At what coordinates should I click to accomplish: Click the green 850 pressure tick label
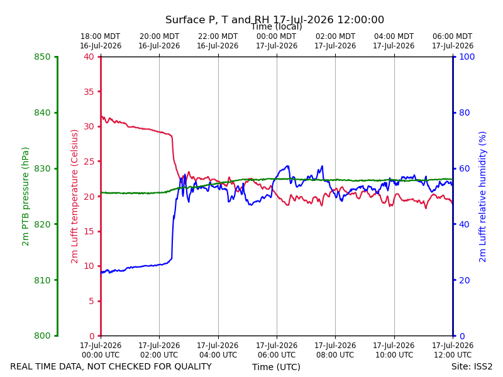[x=42, y=57]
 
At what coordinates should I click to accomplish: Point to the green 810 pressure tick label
[x=42, y=280]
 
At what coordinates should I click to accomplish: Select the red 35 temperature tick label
[x=89, y=92]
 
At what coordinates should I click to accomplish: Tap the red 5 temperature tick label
[x=92, y=301]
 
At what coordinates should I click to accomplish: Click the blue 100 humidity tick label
[x=467, y=57]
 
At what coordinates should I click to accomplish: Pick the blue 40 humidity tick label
[x=465, y=224]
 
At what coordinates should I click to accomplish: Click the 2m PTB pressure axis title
[x=25, y=197]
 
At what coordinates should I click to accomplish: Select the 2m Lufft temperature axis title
[x=74, y=197]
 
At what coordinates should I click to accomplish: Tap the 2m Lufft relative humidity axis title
[x=482, y=197]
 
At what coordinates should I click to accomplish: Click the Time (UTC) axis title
[x=276, y=367]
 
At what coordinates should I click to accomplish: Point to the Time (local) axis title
[x=277, y=26]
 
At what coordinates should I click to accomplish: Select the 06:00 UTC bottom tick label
[x=277, y=350]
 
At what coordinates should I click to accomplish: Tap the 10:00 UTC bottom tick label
[x=394, y=350]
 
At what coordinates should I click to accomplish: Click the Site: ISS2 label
[x=472, y=366]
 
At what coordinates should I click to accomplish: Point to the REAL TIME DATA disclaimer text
[x=111, y=366]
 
